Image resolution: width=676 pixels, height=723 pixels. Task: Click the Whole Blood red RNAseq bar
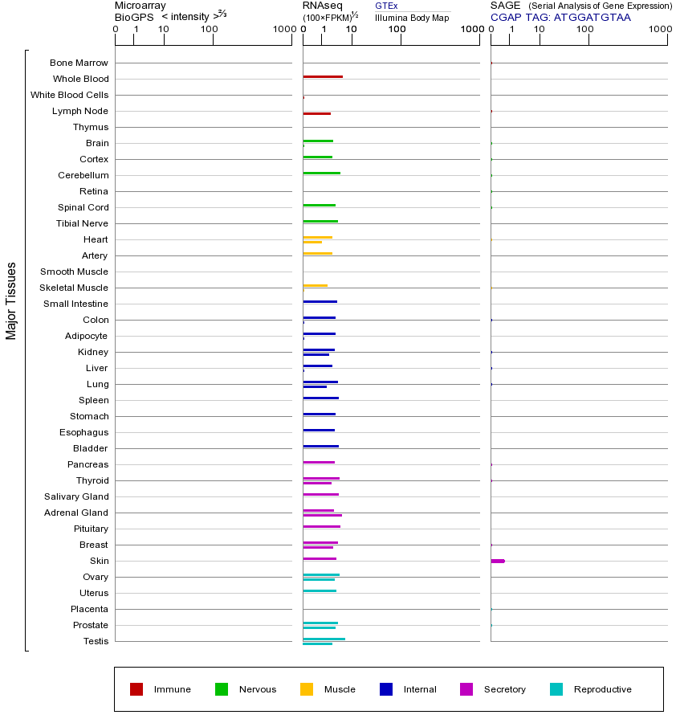[x=323, y=77]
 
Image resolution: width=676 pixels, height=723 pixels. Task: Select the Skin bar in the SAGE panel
[x=498, y=561]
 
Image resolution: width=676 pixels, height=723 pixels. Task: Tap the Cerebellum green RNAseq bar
[x=321, y=174]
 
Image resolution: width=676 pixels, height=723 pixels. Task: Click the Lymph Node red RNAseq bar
[x=316, y=114]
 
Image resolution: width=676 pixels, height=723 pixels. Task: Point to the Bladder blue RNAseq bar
[x=320, y=446]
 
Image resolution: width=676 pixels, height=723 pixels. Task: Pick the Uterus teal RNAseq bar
[x=320, y=590]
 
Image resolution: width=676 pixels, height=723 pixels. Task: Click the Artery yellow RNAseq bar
[x=317, y=254]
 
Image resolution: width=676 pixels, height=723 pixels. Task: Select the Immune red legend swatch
[x=136, y=689]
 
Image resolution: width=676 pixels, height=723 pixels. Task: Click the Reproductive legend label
[x=602, y=689]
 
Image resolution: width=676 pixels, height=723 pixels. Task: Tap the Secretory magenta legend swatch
[x=466, y=689]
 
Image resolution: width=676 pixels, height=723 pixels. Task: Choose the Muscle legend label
[x=340, y=689]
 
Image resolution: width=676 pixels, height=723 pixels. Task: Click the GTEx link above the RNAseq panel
[x=386, y=6]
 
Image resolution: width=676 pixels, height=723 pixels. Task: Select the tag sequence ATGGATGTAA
[x=592, y=17]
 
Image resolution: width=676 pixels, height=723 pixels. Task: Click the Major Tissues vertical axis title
[x=11, y=300]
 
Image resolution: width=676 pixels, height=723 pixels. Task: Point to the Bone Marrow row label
[x=79, y=63]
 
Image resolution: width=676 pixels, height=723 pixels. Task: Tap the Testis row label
[x=96, y=641]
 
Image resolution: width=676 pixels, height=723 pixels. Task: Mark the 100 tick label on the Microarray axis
[x=209, y=30]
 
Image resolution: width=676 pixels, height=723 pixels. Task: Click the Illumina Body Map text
[x=412, y=18]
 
